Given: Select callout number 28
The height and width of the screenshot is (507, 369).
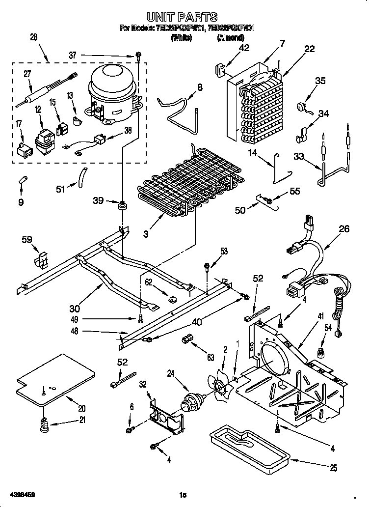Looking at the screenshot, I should click(33, 37).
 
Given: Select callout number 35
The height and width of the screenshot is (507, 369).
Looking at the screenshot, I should click(320, 81).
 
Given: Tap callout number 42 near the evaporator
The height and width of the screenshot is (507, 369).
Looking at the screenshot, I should click(243, 48).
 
